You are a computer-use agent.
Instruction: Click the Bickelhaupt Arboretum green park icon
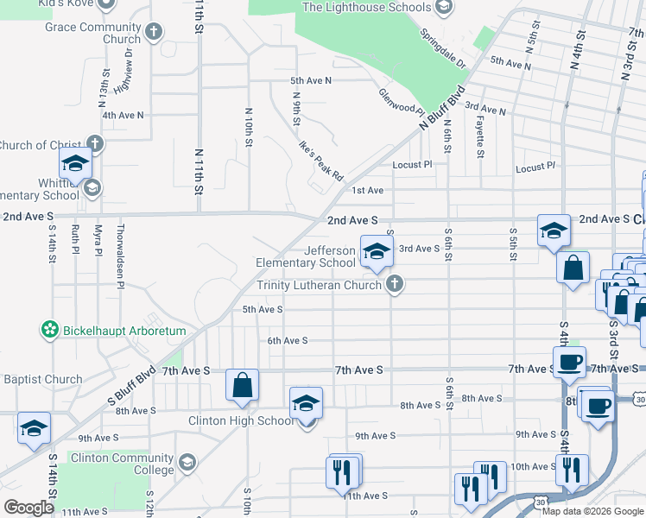point(50,330)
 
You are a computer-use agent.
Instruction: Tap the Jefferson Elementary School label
point(305,256)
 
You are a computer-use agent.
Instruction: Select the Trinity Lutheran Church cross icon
point(395,283)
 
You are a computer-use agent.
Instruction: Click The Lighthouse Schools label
point(366,8)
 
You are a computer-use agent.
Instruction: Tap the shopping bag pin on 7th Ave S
point(243,386)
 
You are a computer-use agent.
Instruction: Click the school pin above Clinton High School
point(306,403)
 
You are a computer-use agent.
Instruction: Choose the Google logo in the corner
point(28,508)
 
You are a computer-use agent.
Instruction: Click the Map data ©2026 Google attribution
point(592,510)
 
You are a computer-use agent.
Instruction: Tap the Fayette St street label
point(479,136)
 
